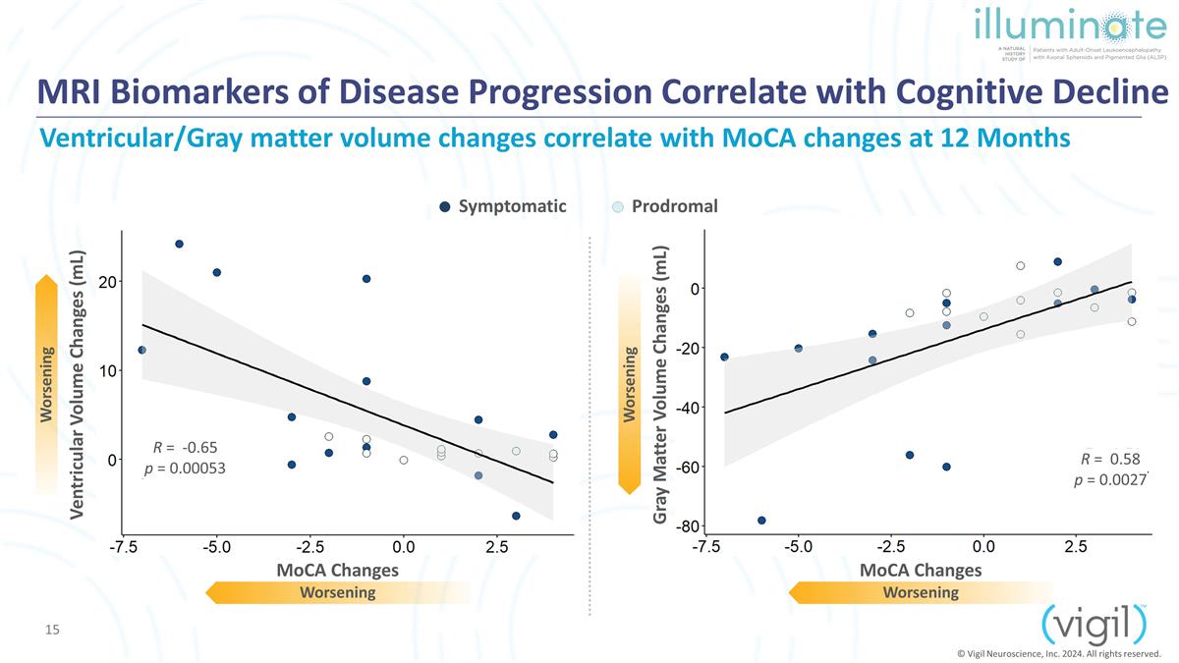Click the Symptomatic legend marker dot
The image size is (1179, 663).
point(445,207)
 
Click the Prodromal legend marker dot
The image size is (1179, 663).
point(618,207)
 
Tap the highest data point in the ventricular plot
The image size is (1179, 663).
point(179,245)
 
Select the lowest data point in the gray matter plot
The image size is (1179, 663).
point(761,521)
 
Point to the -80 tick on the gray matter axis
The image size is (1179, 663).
point(688,526)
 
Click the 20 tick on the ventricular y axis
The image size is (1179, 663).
point(107,283)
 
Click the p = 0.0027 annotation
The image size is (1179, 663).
point(1110,480)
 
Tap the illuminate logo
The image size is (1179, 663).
point(1070,32)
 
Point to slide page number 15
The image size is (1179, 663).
point(52,630)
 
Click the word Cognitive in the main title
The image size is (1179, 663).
point(969,92)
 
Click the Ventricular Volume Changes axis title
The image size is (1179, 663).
point(77,385)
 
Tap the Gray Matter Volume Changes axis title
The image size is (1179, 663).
point(660,385)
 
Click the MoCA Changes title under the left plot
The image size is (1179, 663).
point(337,570)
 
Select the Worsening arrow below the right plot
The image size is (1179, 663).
point(921,592)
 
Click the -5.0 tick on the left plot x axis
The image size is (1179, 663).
point(217,547)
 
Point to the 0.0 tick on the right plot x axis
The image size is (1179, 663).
point(983,547)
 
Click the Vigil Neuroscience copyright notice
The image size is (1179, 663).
point(1059,654)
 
